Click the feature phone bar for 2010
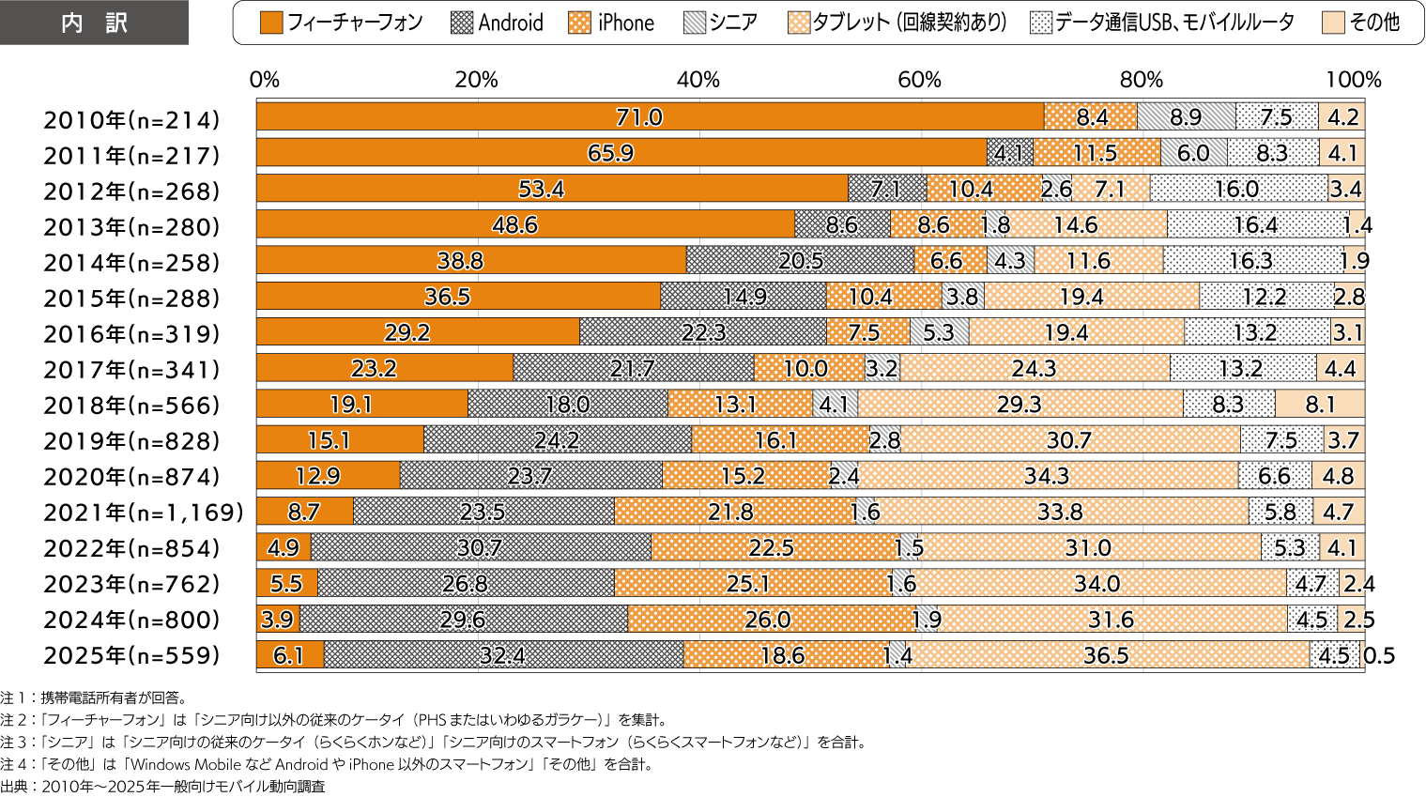[650, 116]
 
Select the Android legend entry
[498, 23]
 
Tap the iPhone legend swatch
[579, 23]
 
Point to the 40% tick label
[698, 80]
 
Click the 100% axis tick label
[1353, 80]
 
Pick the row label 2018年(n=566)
[131, 405]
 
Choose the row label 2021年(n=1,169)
[144, 513]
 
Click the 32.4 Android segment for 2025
[503, 655]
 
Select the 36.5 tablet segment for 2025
[1107, 655]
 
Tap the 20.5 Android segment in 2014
[800, 261]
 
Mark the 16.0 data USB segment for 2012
[1238, 189]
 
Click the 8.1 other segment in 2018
[1320, 405]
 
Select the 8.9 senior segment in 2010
[1186, 116]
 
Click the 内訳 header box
[94, 23]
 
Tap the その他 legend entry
[1360, 23]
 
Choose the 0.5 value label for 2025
[1379, 655]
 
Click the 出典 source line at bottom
[163, 787]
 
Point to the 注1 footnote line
[94, 697]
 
